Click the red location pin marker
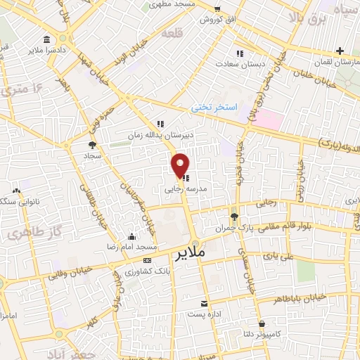[x=181, y=165]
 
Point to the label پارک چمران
[x=232, y=229]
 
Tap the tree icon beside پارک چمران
[x=234, y=216]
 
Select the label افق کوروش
[x=215, y=19]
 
